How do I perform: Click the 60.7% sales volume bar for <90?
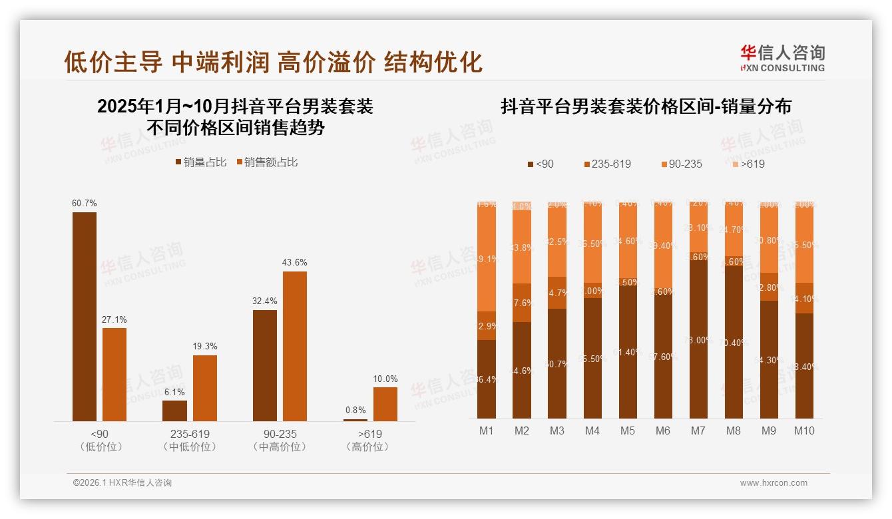(85, 317)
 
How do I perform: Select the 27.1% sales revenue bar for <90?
(114, 374)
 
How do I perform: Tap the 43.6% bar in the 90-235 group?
(295, 346)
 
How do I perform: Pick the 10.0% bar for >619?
(385, 404)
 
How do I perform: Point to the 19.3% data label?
(205, 347)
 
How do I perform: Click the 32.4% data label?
(265, 301)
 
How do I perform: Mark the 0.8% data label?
(355, 411)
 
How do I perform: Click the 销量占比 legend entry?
(200, 162)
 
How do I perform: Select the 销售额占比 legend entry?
(266, 162)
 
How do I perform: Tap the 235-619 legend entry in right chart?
(607, 164)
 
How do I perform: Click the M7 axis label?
(698, 431)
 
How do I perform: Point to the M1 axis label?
(487, 431)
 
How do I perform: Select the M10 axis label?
(803, 431)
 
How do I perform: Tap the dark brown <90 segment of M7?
(698, 339)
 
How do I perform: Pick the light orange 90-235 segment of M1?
(487, 259)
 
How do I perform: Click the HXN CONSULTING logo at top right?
(782, 59)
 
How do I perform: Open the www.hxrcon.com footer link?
(774, 483)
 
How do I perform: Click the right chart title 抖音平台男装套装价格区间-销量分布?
(646, 106)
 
